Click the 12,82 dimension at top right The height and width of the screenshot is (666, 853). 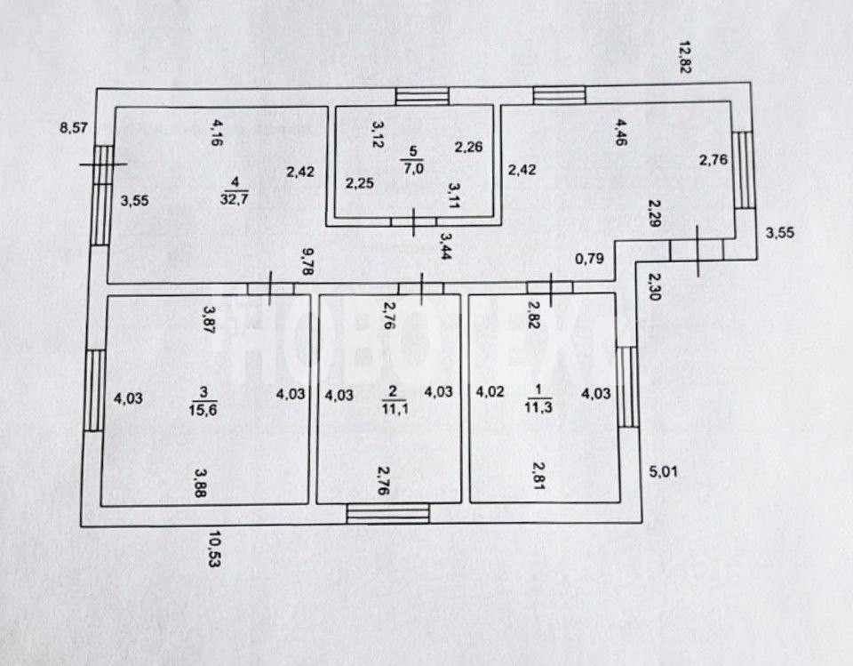pyautogui.click(x=683, y=59)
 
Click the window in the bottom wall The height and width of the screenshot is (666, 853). pyautogui.click(x=387, y=513)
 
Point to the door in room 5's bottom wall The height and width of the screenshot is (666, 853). pyautogui.click(x=416, y=221)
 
